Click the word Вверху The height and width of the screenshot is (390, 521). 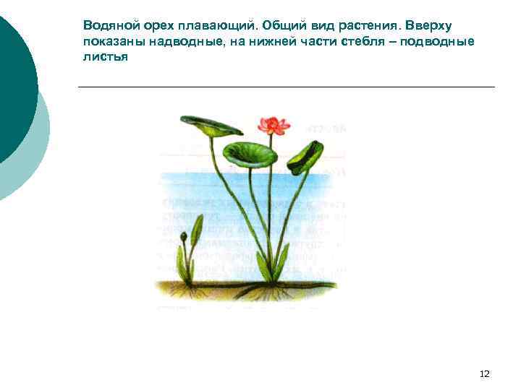point(430,26)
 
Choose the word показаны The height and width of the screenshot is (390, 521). point(114,41)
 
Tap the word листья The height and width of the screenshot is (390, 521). point(105,56)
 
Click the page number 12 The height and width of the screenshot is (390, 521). point(485,373)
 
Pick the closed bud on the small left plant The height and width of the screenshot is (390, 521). point(184,237)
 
